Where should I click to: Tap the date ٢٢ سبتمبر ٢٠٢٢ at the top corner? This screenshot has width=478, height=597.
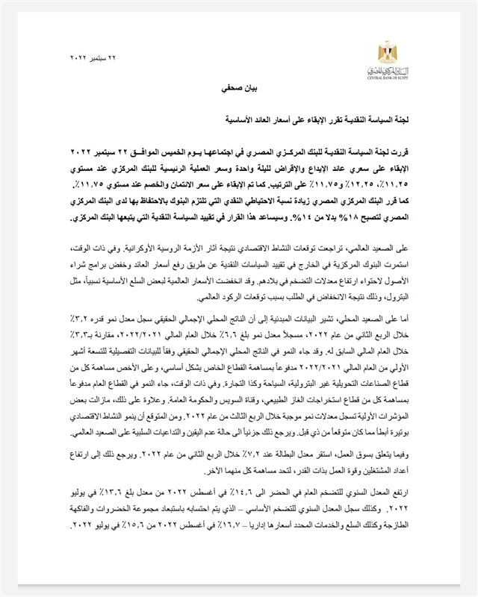pos(90,57)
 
